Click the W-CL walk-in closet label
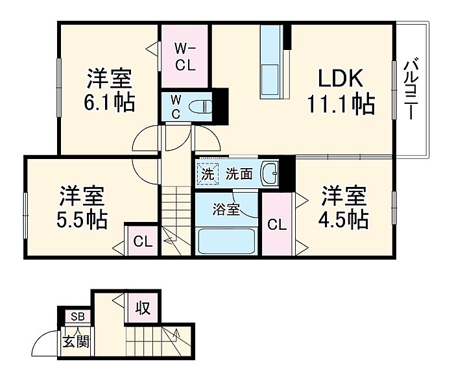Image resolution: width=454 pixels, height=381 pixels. [x=185, y=56]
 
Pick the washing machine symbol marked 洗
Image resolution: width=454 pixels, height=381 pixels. [x=207, y=174]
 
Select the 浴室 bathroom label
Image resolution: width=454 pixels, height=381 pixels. [x=227, y=210]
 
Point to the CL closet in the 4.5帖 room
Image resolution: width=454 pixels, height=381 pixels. [x=277, y=225]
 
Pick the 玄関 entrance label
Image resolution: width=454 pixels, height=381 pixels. [x=75, y=341]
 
